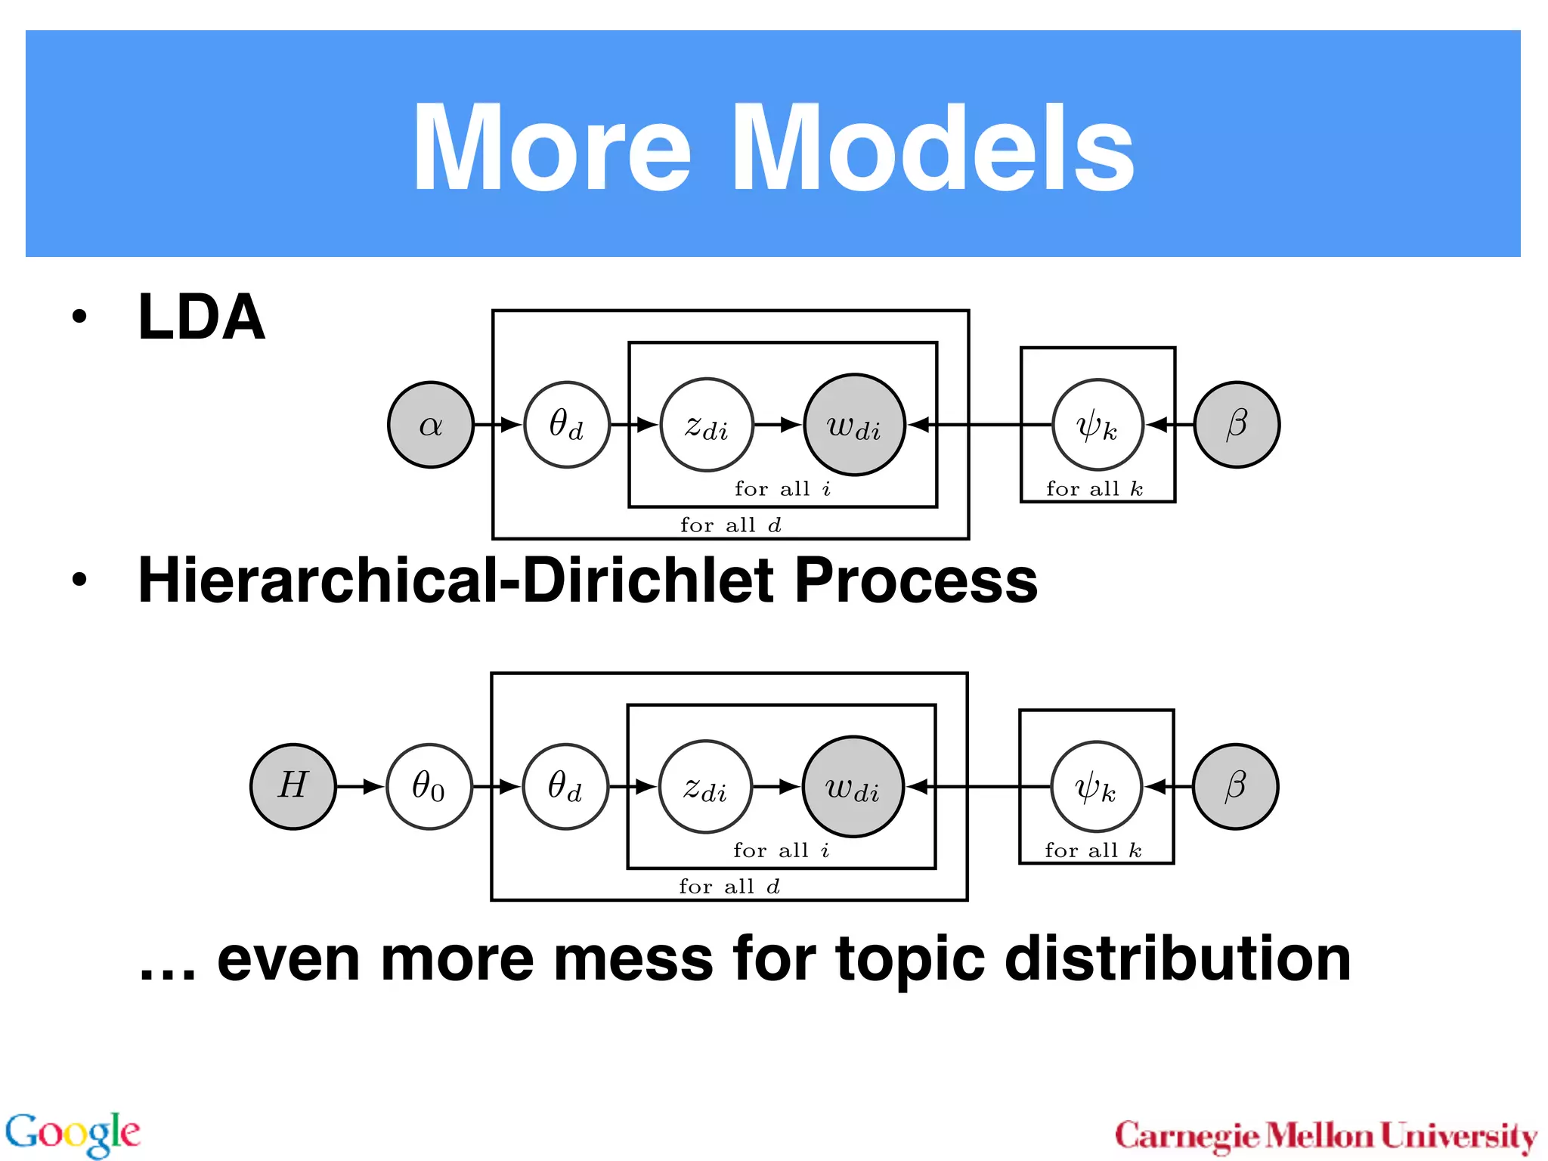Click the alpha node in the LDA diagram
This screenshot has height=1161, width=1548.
pos(430,425)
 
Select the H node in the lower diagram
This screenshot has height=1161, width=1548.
pos(293,786)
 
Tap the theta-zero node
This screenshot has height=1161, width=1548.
pos(429,786)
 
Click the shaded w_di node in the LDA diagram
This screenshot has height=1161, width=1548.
pos(854,425)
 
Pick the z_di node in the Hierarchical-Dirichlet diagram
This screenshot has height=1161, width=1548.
pos(705,786)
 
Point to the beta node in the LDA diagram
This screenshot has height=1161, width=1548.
pos(1237,425)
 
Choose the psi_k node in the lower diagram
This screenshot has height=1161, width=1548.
pos(1096,786)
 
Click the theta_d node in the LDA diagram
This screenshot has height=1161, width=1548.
pos(566,425)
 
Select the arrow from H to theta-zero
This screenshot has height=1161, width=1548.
pos(361,786)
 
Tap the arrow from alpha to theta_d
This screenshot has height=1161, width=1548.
pos(498,425)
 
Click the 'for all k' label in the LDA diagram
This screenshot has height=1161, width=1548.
pos(1094,489)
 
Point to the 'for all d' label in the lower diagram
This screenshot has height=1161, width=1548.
pos(729,886)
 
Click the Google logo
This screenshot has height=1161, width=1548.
pos(73,1133)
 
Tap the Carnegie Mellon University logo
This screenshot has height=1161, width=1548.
pos(1326,1136)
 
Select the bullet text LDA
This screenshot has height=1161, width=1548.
pos(201,317)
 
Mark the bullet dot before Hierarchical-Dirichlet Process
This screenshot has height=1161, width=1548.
pos(79,580)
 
